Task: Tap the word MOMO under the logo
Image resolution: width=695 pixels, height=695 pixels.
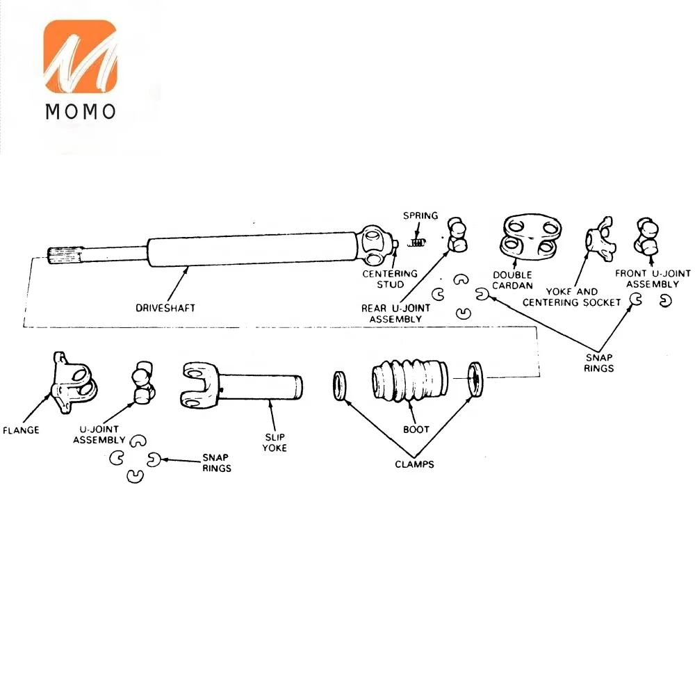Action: point(81,112)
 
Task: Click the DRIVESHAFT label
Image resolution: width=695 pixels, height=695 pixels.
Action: point(165,308)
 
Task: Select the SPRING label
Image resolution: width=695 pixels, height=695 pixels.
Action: point(420,216)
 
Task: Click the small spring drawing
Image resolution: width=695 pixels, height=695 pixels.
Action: point(416,243)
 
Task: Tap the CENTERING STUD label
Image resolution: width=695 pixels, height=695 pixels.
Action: point(390,279)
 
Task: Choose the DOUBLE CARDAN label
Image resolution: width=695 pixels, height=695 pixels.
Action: point(512,281)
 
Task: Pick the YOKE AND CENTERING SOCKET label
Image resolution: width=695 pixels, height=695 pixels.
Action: point(572,297)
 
